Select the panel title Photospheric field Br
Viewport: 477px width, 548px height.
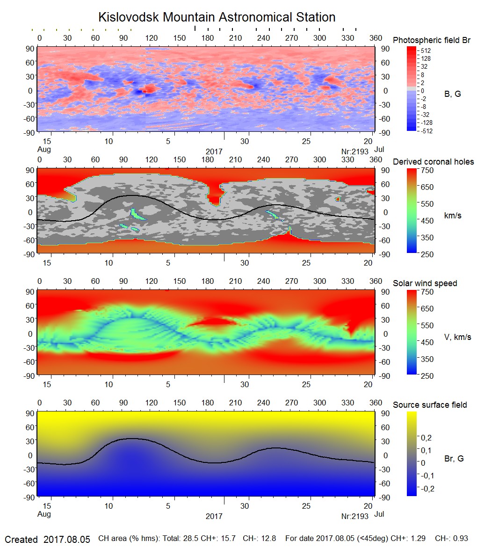pos(432,40)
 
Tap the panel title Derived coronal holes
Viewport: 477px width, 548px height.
pos(433,162)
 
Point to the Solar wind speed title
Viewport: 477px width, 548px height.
pos(425,283)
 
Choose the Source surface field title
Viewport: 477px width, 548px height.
pos(430,404)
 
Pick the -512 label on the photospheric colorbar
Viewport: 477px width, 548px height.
pos(426,131)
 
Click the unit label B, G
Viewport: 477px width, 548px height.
pos(452,94)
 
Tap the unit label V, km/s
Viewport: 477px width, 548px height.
pos(457,337)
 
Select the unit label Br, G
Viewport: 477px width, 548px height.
pos(454,459)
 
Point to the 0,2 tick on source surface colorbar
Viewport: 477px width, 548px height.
pos(426,438)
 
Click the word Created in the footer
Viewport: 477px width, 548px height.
pos(21,539)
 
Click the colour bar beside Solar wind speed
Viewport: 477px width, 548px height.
pos(412,333)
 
